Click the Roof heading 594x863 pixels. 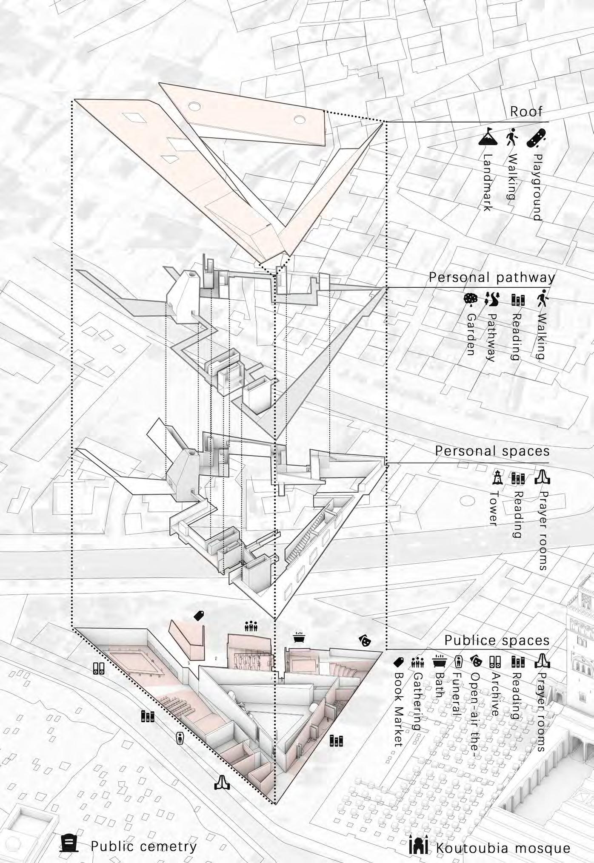tap(526, 112)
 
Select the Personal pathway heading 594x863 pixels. tap(492, 277)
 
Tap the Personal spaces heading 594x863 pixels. tap(492, 451)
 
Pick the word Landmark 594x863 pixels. tap(488, 182)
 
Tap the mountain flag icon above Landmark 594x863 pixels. tap(488, 137)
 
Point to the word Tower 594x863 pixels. tap(494, 508)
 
